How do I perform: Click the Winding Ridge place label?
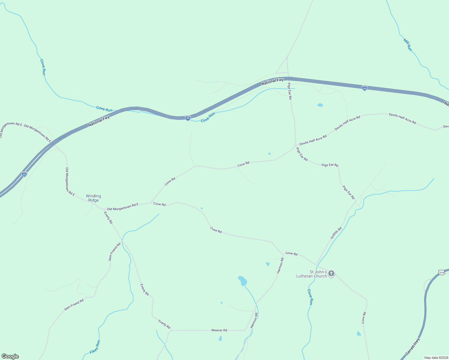click(x=93, y=198)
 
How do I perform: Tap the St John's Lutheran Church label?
click(x=312, y=274)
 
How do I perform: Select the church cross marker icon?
click(x=331, y=273)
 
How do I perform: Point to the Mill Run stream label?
click(x=408, y=45)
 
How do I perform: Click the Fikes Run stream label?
click(x=95, y=347)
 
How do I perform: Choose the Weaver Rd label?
click(x=219, y=330)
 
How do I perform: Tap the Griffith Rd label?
click(x=336, y=233)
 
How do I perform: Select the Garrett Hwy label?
click(x=412, y=347)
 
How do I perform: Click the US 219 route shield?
click(x=441, y=272)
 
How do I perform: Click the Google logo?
click(x=10, y=356)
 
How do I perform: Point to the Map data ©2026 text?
click(x=436, y=358)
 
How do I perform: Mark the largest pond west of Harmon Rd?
click(x=243, y=281)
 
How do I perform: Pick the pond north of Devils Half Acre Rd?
click(x=320, y=105)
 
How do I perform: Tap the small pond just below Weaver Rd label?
click(x=220, y=338)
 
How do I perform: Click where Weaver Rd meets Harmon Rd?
click(x=246, y=330)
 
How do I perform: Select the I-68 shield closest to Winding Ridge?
click(x=24, y=174)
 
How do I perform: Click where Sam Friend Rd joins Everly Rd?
click(x=122, y=241)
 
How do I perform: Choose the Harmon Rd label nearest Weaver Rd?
click(x=254, y=320)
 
